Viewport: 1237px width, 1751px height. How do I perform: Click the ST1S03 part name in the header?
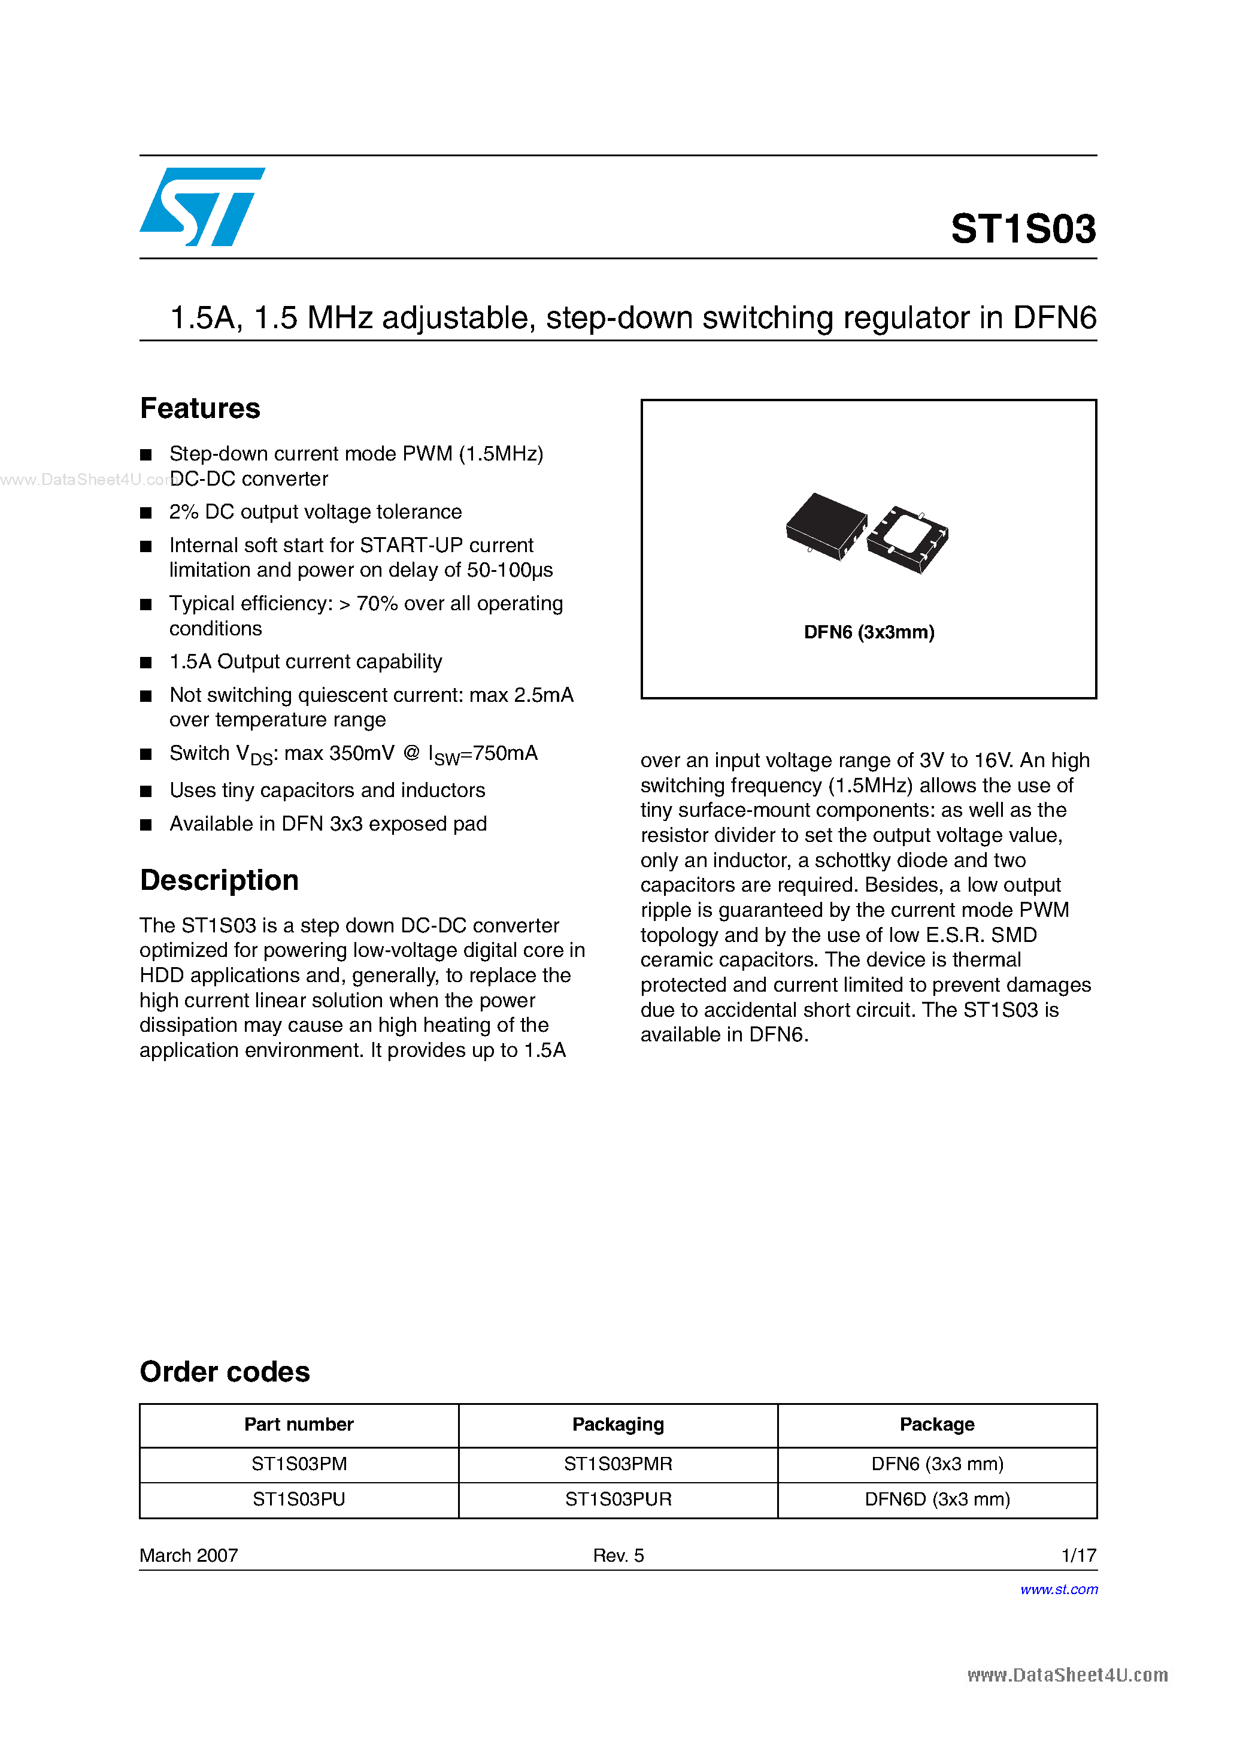[x=1023, y=229]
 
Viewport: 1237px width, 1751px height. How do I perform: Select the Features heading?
[x=200, y=409]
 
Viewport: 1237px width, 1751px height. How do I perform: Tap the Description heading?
[x=219, y=880]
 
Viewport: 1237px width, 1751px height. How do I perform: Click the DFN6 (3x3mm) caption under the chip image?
[x=869, y=632]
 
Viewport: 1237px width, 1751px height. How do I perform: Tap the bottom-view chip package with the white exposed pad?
[x=908, y=538]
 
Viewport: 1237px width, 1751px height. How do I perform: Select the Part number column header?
[x=299, y=1425]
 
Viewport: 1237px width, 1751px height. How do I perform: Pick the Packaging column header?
[x=618, y=1425]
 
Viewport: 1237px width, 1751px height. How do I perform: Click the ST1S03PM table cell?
[x=299, y=1464]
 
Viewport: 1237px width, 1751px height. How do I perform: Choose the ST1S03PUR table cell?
[x=618, y=1499]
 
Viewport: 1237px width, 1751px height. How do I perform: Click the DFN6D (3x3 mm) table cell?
[x=936, y=1499]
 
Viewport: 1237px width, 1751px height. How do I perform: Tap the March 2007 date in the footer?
[x=189, y=1556]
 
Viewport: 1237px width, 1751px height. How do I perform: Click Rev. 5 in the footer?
[x=618, y=1556]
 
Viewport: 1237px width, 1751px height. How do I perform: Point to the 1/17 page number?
[x=1078, y=1556]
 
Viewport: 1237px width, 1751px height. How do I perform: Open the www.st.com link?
[x=1059, y=1589]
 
